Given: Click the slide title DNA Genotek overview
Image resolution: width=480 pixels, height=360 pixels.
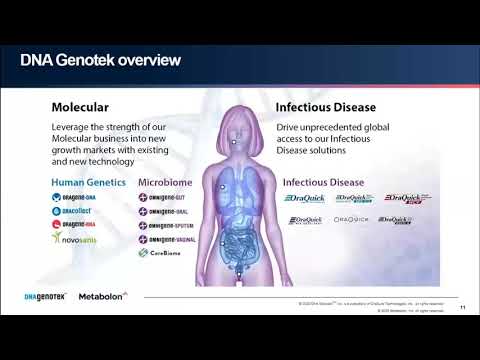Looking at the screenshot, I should click(x=101, y=62).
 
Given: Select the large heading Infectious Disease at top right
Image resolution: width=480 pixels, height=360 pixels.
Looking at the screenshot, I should click(x=330, y=106).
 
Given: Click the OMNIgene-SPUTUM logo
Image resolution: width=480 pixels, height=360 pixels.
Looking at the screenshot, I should click(x=166, y=227).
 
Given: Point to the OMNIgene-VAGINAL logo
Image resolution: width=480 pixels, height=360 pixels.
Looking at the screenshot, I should click(x=166, y=241).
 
